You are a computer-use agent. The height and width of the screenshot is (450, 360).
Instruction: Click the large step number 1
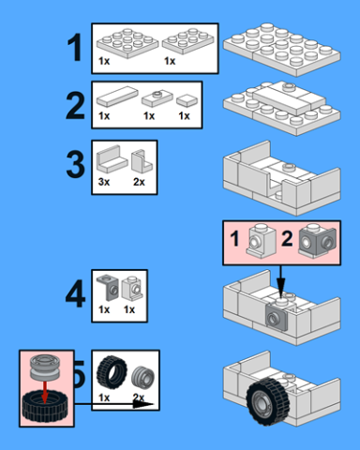[75, 47]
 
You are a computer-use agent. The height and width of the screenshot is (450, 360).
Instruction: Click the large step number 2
[75, 106]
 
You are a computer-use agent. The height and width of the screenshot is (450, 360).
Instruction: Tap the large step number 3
[75, 164]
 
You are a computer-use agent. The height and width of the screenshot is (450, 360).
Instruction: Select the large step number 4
[75, 294]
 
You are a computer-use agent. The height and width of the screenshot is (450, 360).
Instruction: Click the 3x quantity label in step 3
[104, 182]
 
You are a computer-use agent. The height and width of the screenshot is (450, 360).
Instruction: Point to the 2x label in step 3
[139, 182]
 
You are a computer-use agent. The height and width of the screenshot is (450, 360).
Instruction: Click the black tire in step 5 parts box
[112, 371]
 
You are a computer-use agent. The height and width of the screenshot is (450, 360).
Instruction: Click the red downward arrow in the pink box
[45, 392]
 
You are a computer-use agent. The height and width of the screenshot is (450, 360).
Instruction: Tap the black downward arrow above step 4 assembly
[280, 281]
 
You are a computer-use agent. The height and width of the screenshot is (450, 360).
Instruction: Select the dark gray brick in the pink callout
[318, 241]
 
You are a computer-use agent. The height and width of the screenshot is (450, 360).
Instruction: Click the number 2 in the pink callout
[287, 239]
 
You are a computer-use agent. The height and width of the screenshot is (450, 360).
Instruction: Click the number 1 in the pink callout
[235, 239]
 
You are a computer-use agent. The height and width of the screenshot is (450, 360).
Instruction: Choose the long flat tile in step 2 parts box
[117, 97]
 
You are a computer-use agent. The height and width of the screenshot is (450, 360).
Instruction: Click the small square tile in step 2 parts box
[187, 100]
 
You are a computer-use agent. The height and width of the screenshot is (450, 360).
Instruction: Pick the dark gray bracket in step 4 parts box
[108, 288]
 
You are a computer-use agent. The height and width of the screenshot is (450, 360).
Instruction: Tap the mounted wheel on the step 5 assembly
[267, 401]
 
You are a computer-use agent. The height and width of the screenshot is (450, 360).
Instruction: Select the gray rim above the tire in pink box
[45, 367]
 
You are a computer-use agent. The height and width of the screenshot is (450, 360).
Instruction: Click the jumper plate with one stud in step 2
[157, 97]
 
